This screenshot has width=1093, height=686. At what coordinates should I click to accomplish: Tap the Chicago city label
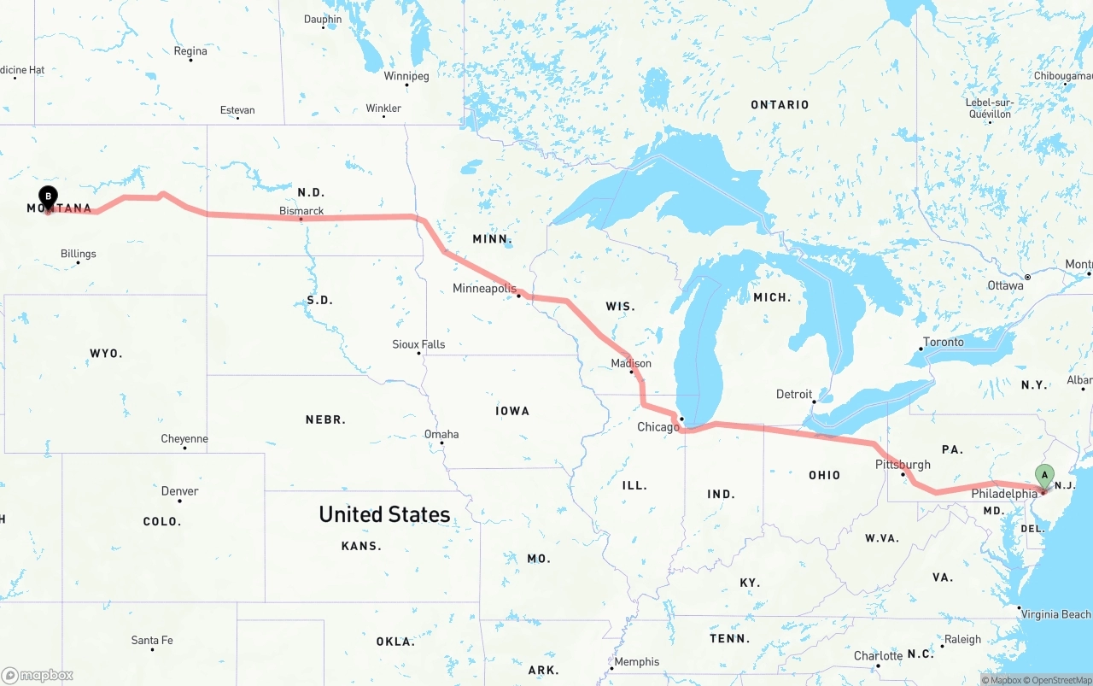point(658,426)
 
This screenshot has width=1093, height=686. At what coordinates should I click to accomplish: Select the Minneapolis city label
point(484,289)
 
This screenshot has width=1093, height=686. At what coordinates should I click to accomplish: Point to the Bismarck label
point(301,210)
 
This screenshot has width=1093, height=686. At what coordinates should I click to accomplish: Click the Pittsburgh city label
point(903,465)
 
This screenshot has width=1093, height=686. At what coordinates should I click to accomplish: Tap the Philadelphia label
point(1004,494)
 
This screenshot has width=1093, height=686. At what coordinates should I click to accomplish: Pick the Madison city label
point(631,363)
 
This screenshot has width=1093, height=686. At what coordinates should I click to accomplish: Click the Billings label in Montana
point(79,254)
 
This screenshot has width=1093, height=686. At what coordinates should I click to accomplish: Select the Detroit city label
point(794,394)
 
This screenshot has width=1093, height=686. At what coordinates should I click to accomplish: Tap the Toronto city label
point(943,342)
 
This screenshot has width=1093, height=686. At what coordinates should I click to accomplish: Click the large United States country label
point(384,514)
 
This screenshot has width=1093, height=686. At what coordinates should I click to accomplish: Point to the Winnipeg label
point(406,76)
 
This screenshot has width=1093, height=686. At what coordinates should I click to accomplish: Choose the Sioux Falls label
point(418,344)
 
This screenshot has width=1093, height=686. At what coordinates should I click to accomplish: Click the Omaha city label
point(441,434)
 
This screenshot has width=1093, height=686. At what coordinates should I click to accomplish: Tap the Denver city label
point(179,491)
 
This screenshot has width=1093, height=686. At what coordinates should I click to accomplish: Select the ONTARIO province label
point(780,104)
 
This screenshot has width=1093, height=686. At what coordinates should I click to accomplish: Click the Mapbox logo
point(38,676)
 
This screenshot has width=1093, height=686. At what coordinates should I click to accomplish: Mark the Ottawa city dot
point(1028,277)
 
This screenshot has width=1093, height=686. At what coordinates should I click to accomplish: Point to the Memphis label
point(637,661)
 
